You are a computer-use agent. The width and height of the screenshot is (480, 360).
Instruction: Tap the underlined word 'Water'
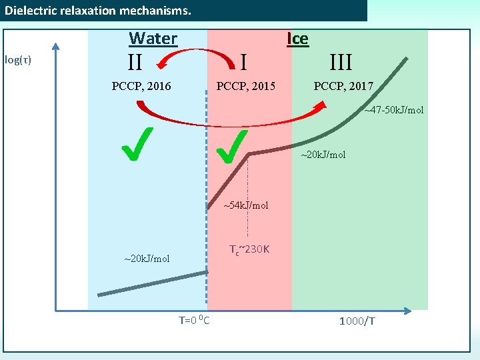[153, 38]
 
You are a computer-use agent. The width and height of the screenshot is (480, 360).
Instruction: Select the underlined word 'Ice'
[297, 38]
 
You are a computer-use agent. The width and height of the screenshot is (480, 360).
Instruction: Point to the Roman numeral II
[135, 63]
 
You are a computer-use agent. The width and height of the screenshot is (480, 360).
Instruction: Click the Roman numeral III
[341, 63]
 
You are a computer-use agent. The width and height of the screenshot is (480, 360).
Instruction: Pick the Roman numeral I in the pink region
[244, 63]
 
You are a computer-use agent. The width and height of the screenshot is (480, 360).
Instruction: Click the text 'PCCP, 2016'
[141, 86]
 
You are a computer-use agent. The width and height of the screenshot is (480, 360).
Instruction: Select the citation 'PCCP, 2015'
[246, 86]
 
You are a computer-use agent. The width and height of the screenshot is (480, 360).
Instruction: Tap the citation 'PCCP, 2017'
[343, 86]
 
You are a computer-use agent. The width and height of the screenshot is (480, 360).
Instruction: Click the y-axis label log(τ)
[18, 60]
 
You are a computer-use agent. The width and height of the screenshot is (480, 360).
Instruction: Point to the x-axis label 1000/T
[357, 321]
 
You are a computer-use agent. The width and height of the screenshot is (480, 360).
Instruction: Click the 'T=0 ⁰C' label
[194, 321]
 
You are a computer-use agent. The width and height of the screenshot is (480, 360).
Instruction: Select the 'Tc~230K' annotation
[249, 250]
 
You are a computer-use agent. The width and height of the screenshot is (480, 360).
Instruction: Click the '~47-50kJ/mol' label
[393, 110]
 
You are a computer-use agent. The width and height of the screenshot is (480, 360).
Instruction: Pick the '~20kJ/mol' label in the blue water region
[147, 258]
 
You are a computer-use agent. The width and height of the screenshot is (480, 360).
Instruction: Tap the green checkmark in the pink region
[233, 146]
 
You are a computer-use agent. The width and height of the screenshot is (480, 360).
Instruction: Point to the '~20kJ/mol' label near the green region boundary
[323, 155]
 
